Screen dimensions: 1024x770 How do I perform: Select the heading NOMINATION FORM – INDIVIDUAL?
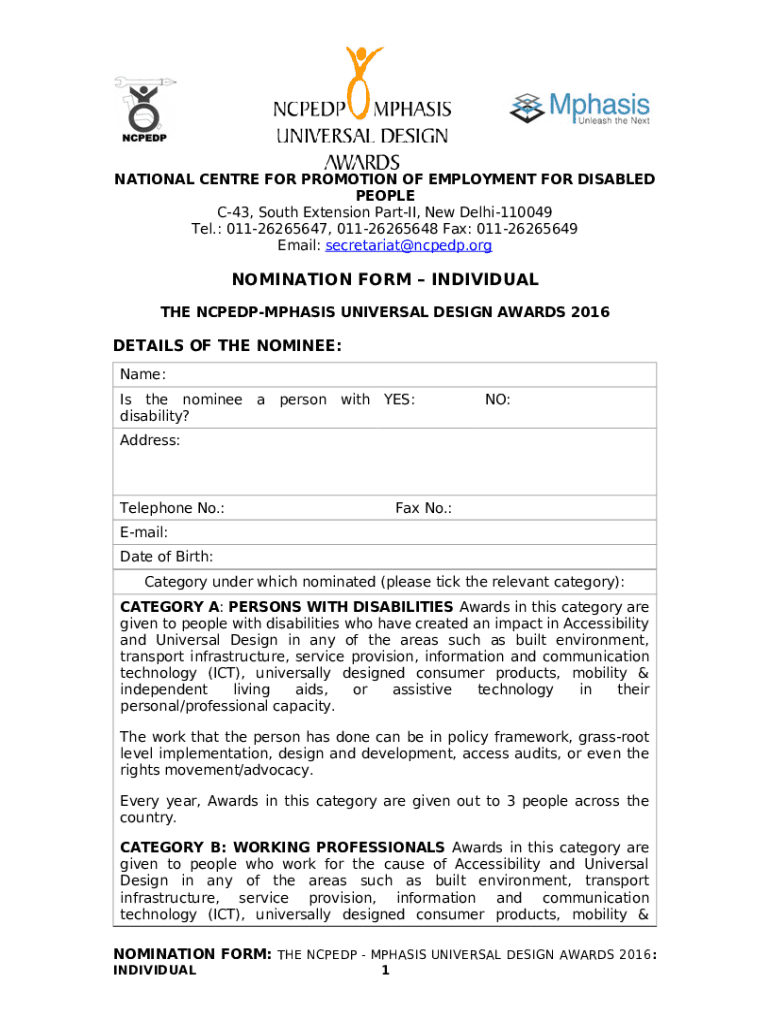385,280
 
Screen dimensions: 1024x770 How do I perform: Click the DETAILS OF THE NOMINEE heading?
228,346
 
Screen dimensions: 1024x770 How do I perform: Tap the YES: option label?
399,400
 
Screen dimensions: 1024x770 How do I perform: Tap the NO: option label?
497,400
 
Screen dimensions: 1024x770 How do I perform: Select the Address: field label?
150,441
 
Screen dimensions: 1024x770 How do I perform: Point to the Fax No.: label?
423,509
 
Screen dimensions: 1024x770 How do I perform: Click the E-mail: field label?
144,533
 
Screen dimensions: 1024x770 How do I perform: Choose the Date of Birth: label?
166,557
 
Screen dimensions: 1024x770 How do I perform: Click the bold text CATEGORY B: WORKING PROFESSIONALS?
283,847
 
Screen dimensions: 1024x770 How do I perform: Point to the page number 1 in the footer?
385,970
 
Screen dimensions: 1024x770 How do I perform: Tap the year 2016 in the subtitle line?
589,313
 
